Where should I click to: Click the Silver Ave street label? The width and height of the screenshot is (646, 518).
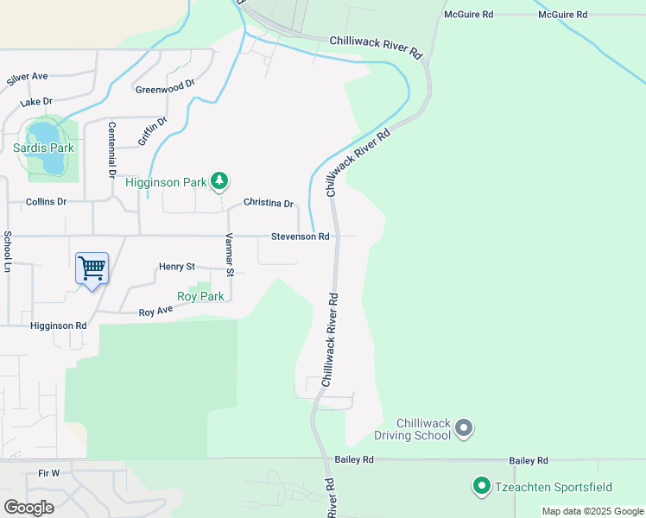[27, 78]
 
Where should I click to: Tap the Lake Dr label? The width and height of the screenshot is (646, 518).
[37, 101]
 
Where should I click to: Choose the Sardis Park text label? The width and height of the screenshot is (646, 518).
[44, 148]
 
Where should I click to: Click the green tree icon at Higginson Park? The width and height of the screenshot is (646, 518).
[220, 180]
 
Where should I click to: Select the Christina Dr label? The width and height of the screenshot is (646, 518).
[269, 203]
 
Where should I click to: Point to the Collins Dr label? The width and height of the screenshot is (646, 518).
[46, 201]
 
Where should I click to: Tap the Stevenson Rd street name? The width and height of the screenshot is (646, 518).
[301, 236]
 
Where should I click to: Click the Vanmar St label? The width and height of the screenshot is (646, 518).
[230, 255]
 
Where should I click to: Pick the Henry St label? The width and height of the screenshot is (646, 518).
[177, 267]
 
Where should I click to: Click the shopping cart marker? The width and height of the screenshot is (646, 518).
[92, 268]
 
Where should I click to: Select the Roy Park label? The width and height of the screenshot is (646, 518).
[200, 296]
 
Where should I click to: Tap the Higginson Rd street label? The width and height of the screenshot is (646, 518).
[59, 325]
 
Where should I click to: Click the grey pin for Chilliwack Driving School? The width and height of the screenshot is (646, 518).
[464, 427]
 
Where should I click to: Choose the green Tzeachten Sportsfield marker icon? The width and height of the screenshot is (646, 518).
[481, 486]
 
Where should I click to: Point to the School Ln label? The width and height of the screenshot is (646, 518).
[8, 252]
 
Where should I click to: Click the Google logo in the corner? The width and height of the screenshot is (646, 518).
[29, 507]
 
